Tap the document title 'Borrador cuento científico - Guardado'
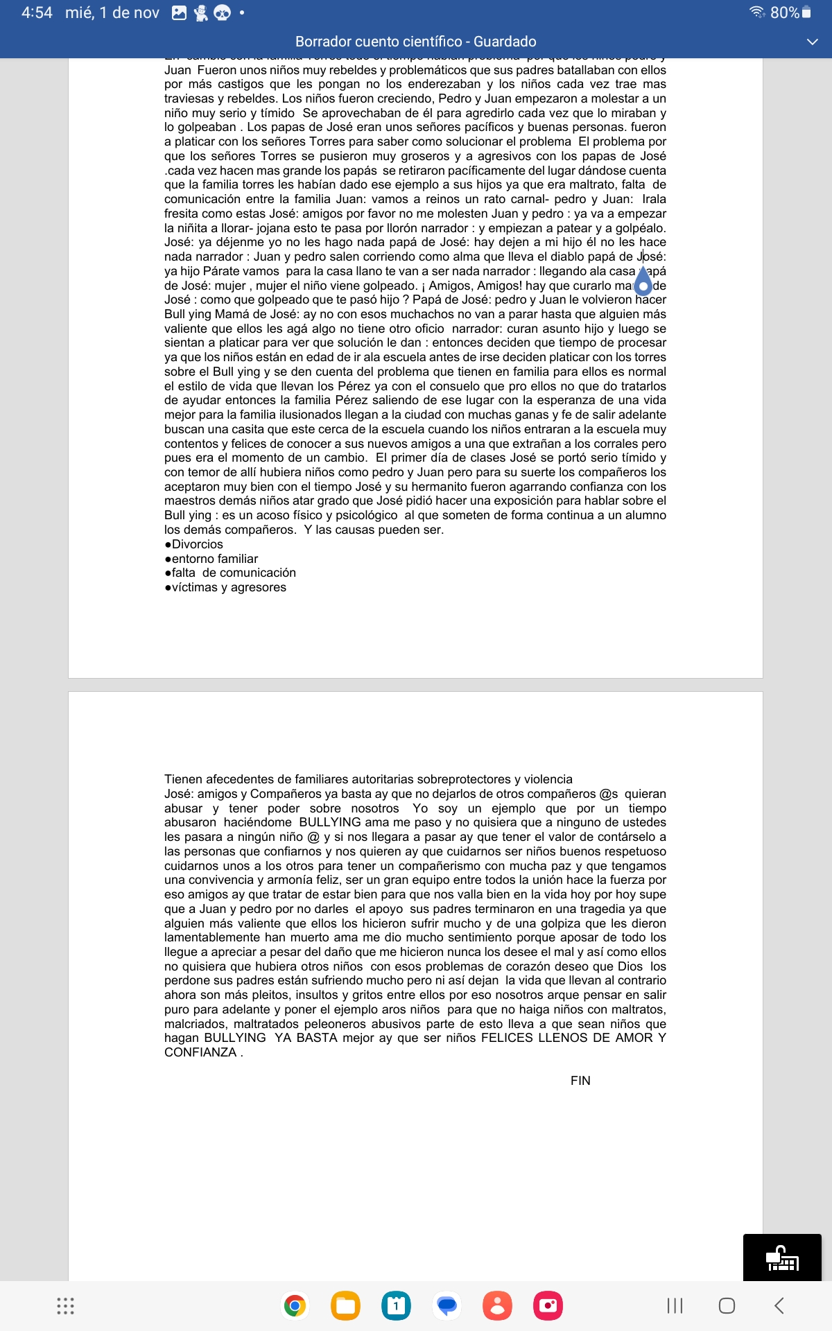415,42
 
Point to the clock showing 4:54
37,12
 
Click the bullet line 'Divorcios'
197,544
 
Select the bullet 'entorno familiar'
214,559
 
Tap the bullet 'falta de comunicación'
233,573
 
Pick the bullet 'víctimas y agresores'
228,587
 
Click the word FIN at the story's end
580,1081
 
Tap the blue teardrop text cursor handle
643,284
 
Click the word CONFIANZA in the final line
200,1052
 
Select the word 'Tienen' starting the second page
183,779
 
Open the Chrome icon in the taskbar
295,1307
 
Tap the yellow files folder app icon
345,1307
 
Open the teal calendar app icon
396,1307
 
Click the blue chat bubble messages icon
447,1307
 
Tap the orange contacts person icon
497,1307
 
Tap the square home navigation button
727,1306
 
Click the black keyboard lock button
782,1258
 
